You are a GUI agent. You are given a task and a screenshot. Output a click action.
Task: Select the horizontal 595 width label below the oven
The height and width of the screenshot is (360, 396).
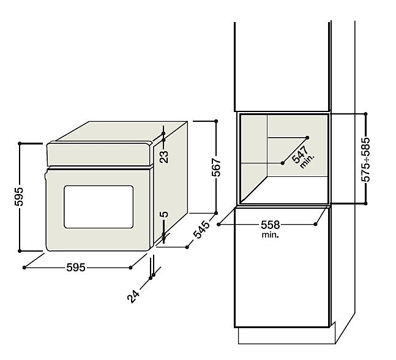pos(77,268)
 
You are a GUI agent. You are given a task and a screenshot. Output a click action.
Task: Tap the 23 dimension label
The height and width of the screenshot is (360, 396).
pos(163,157)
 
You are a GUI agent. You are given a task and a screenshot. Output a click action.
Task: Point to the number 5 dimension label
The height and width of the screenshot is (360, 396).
pos(163,215)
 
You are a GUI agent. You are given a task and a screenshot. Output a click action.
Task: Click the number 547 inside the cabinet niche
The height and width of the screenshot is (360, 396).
pos(301,156)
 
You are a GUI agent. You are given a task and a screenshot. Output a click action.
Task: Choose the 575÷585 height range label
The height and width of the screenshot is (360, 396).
pos(366,158)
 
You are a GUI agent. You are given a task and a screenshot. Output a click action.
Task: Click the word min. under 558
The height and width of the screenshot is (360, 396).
pos(270,234)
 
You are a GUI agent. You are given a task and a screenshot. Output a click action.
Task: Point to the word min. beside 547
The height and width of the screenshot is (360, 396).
pos(307,163)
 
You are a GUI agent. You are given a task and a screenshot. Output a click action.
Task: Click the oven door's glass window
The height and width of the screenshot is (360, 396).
pos(99,207)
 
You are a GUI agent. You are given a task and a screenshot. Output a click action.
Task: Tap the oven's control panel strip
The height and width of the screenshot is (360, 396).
pos(99,155)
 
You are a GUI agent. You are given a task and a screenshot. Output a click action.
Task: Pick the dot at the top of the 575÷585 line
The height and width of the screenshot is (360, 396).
pos(365,113)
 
